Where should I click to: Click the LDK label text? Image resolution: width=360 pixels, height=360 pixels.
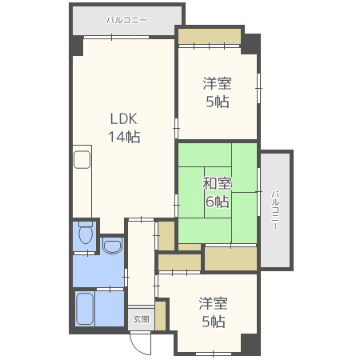[x=124, y=119]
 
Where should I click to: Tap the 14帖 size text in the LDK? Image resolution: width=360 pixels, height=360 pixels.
[x=124, y=137]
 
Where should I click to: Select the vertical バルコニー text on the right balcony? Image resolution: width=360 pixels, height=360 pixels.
[x=274, y=210]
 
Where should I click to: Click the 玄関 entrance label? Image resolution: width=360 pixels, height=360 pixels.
[x=140, y=318]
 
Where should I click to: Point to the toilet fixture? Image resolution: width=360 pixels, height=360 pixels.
[x=86, y=234]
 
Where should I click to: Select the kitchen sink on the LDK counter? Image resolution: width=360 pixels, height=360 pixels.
[x=83, y=160]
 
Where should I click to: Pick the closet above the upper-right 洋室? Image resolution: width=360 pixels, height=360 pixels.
[x=209, y=37]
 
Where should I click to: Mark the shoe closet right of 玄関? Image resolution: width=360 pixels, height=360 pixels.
[x=160, y=315]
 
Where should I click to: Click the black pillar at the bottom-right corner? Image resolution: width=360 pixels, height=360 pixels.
[x=251, y=344]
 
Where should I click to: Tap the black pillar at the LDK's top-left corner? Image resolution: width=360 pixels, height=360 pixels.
[x=78, y=46]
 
